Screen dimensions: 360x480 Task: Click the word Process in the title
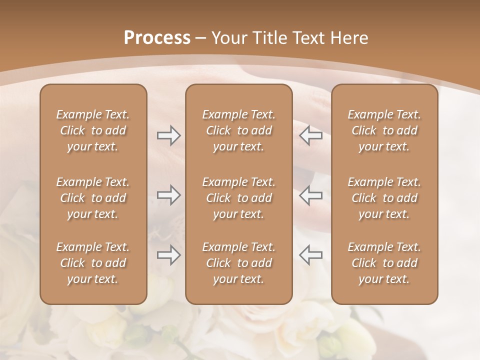pyautogui.click(x=157, y=38)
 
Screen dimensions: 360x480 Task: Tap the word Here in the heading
pyautogui.click(x=350, y=38)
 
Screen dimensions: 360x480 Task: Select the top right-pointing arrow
pyautogui.click(x=168, y=135)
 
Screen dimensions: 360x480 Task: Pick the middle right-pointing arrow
pyautogui.click(x=168, y=195)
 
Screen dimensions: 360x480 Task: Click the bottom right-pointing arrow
pyautogui.click(x=168, y=255)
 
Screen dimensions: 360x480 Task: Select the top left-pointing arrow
pyautogui.click(x=311, y=135)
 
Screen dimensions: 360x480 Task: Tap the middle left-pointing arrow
pyautogui.click(x=311, y=195)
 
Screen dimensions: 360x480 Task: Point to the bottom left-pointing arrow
pyautogui.click(x=311, y=255)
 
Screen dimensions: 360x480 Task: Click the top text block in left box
pyautogui.click(x=93, y=130)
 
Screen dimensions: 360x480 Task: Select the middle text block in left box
pyautogui.click(x=93, y=198)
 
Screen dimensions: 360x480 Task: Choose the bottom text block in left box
pyautogui.click(x=93, y=263)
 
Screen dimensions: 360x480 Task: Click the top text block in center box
pyautogui.click(x=239, y=130)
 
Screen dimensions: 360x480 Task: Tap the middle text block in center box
pyautogui.click(x=239, y=198)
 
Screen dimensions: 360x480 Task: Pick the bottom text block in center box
pyautogui.click(x=239, y=263)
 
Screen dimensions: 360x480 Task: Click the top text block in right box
pyautogui.click(x=384, y=130)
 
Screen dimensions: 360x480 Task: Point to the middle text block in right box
pyautogui.click(x=384, y=198)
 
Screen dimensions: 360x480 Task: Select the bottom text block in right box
pyautogui.click(x=384, y=263)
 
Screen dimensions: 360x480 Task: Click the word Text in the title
pyautogui.click(x=309, y=38)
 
